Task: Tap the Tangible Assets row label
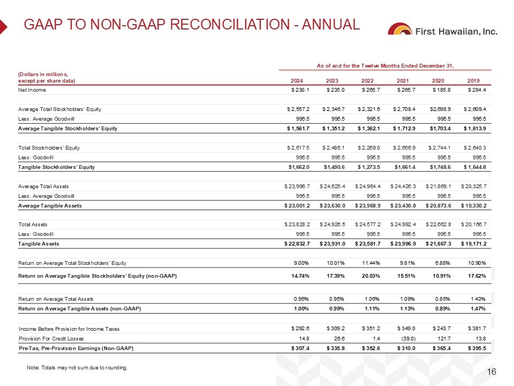tap(39, 244)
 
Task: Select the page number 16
tap(493, 372)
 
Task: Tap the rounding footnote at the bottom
tap(77, 368)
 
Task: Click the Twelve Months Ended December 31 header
tap(385, 66)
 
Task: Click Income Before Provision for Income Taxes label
tap(69, 329)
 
